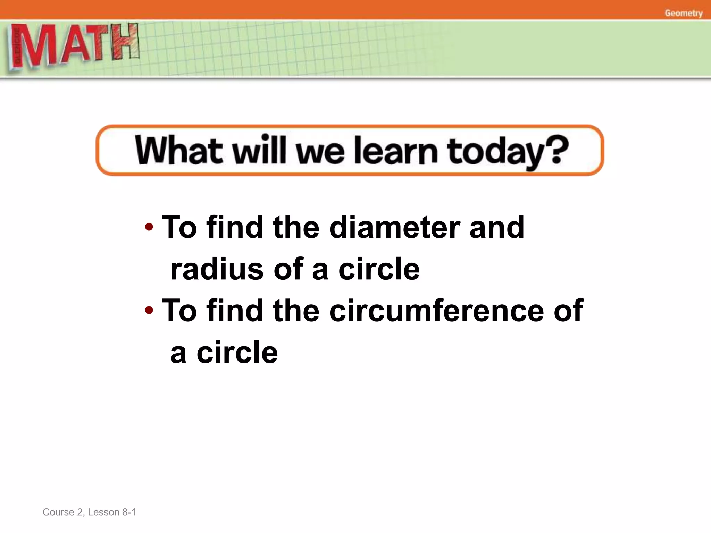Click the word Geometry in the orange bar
[x=684, y=13]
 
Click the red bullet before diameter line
[x=149, y=227]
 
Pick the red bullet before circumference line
[x=149, y=310]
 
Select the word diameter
[x=394, y=227]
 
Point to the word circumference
[x=436, y=310]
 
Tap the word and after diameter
[x=496, y=227]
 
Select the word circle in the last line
[x=237, y=353]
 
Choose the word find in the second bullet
[x=235, y=310]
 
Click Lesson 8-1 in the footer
[x=112, y=512]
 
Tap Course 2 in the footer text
[x=62, y=512]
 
